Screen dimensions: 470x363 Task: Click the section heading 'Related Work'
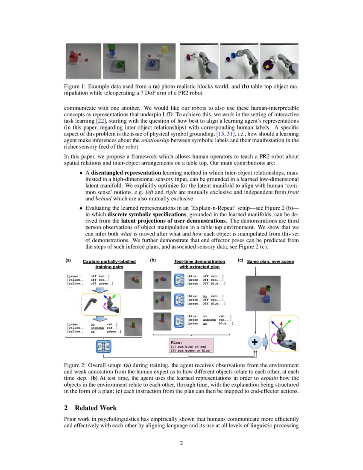coord(95,408)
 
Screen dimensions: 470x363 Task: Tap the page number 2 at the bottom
coord(181,443)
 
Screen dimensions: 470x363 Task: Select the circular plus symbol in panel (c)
coord(255,342)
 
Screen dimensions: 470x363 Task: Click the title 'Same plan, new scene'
coord(270,261)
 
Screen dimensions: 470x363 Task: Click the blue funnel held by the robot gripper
coord(234,56)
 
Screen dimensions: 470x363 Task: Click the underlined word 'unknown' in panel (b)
coord(209,320)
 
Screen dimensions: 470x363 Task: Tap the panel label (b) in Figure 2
coord(153,260)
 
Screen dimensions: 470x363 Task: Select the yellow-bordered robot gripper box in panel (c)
coord(284,333)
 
